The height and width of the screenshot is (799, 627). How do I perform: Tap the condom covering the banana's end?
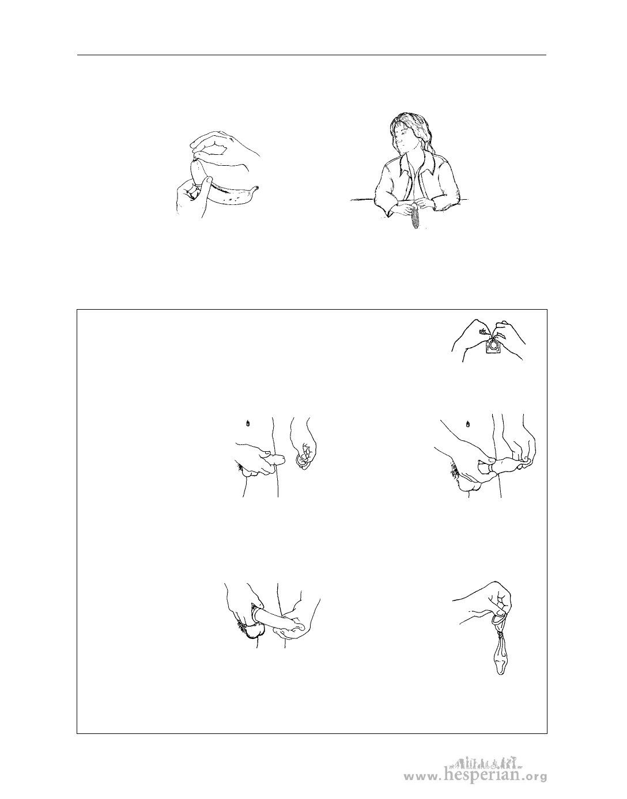(x=199, y=172)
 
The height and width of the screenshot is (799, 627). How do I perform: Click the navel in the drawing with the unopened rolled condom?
(x=249, y=423)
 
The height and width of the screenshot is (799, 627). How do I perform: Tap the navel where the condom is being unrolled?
(x=468, y=424)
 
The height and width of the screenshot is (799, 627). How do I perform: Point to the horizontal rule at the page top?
(x=312, y=55)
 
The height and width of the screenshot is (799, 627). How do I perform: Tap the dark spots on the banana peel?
(x=233, y=198)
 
